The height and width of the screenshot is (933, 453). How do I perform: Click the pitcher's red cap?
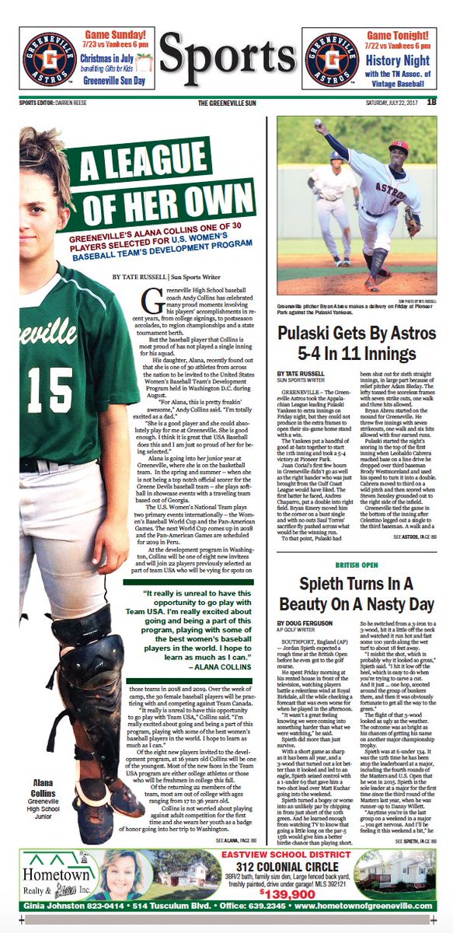click(399, 146)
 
